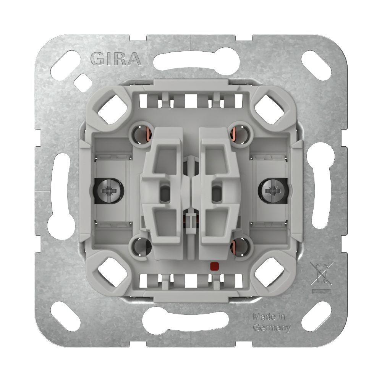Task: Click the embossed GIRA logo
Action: coord(116,59)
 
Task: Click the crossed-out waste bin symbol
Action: coord(322,274)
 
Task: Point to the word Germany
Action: coord(272,328)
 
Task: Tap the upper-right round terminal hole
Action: coord(240,134)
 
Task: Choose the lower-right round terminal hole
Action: coord(241,246)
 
